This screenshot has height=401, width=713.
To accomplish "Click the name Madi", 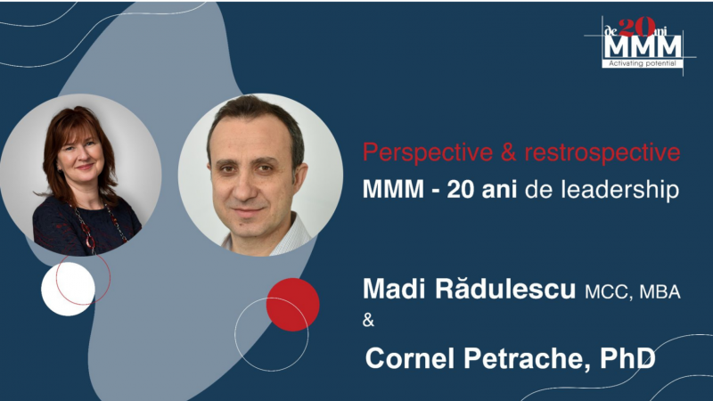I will (x=391, y=291).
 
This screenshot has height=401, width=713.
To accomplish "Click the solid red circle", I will (x=292, y=304).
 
